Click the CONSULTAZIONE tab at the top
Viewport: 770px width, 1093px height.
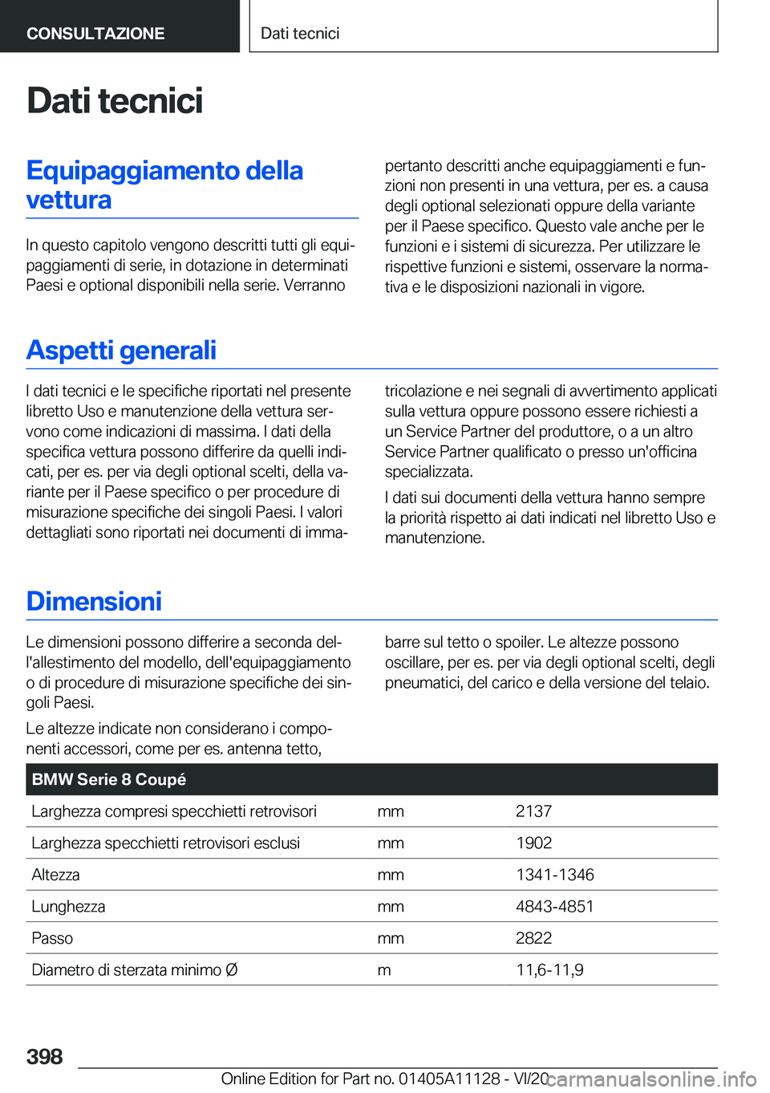95,34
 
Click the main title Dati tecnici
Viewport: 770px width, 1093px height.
115,101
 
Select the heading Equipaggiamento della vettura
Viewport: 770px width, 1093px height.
164,185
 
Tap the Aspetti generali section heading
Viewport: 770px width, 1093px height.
121,351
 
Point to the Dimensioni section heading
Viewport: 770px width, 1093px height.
94,602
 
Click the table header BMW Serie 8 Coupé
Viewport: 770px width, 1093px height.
109,779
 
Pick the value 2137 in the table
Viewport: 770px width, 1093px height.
533,811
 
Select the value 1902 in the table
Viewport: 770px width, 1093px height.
533,843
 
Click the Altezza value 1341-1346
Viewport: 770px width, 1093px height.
554,875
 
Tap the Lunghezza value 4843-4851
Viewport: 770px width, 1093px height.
554,906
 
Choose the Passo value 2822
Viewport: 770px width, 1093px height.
533,938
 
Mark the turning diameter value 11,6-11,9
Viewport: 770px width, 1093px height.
549,969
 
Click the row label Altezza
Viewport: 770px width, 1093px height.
55,875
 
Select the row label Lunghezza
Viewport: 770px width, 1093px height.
68,906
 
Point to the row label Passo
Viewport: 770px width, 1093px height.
52,938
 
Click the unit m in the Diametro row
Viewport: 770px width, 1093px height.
384,969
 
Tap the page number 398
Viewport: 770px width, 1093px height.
45,1056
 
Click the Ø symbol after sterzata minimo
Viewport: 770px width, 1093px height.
232,969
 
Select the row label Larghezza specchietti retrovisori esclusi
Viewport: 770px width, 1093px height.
165,843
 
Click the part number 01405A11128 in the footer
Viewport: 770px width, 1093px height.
449,1079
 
